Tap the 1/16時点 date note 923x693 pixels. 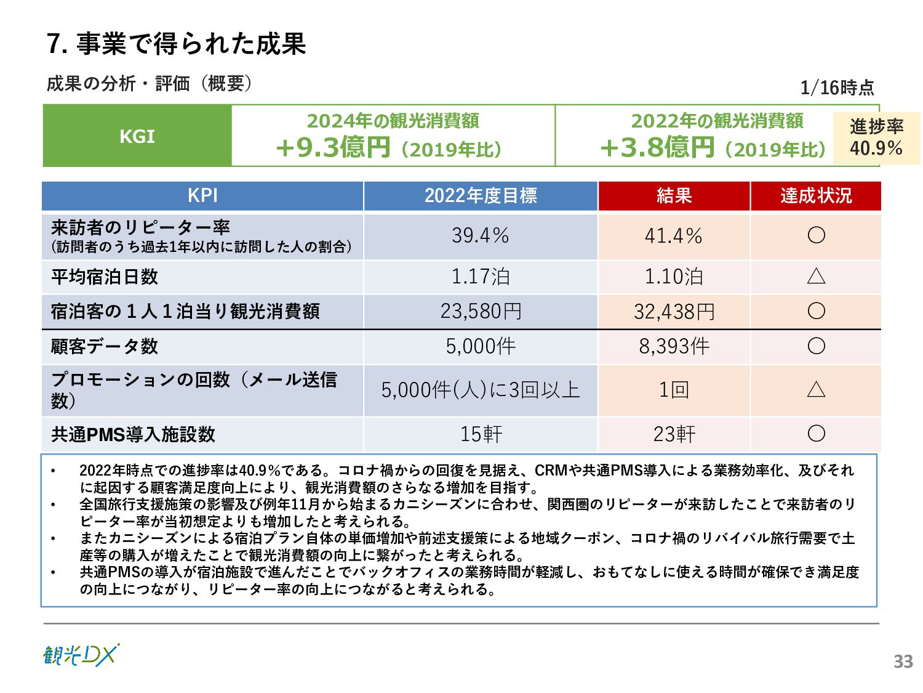837,87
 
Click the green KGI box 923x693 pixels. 137,136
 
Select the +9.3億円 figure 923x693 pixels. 333,147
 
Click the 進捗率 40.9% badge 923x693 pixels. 876,137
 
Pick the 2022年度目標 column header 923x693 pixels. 481,196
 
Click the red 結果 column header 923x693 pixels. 674,196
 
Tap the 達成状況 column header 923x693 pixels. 815,196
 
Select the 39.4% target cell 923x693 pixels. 481,235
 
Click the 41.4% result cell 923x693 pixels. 674,235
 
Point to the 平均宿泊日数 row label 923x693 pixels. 105,277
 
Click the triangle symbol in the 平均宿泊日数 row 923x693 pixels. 816,276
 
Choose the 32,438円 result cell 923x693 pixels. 674,312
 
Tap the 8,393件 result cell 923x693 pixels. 674,346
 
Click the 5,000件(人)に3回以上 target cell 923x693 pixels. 481,390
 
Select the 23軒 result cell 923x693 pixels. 674,434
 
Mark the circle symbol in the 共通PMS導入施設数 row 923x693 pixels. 816,434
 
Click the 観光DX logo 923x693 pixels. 81,655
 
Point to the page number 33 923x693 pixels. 903,662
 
